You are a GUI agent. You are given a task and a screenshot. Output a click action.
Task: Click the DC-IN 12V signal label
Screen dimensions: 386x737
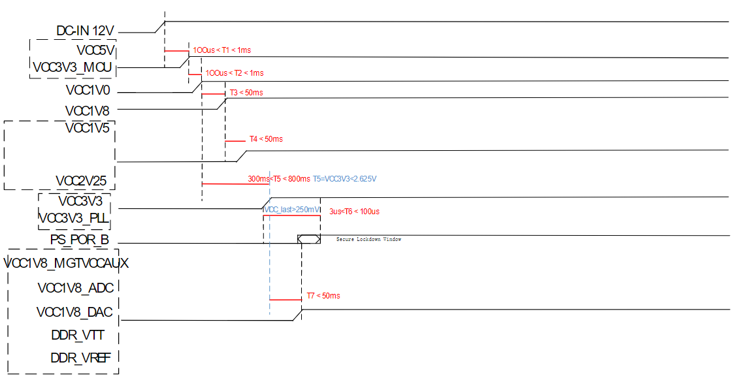[86, 30]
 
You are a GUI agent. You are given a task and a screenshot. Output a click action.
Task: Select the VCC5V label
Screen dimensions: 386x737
[95, 49]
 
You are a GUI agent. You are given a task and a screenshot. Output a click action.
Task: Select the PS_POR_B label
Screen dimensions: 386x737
[80, 239]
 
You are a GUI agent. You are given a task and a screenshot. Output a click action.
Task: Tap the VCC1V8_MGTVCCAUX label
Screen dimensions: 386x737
[66, 263]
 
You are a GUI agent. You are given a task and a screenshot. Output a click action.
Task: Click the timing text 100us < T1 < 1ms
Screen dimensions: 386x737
[221, 50]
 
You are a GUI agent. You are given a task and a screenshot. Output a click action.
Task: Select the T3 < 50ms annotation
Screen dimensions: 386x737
[246, 93]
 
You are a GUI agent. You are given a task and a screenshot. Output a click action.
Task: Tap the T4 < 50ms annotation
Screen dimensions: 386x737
[266, 139]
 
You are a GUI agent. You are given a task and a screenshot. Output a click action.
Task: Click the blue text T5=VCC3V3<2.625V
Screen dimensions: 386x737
[344, 178]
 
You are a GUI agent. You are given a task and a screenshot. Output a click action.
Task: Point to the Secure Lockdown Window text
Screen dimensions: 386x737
[368, 240]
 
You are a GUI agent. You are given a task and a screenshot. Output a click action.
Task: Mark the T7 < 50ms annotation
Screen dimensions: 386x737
[323, 296]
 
